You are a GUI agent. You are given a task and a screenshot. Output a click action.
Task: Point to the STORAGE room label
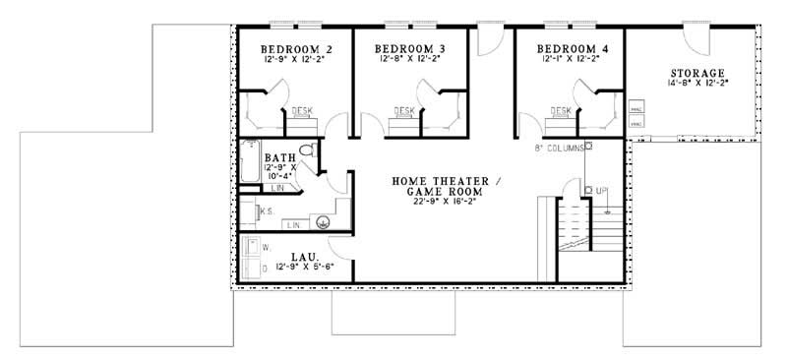tap(697, 74)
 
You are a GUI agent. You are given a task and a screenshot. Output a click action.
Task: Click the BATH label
tap(279, 156)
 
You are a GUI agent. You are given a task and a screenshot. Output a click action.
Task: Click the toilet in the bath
tap(307, 150)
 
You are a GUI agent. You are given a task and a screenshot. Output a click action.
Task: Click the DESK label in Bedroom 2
tap(303, 111)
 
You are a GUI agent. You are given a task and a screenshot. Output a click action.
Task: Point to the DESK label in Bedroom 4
tap(561, 111)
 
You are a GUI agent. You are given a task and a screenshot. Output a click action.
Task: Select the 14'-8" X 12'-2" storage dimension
tap(697, 86)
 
